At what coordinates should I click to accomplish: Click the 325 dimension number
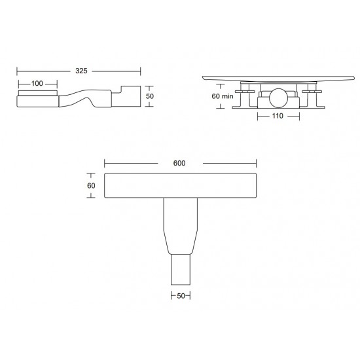coord(79,70)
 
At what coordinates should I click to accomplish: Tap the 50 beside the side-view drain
coord(150,96)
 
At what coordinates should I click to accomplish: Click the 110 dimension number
coord(277,117)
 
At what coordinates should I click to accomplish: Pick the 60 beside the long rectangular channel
coord(92,185)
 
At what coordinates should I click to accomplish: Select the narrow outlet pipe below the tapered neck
coord(181,268)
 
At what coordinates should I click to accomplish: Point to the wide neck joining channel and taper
coord(180,216)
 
